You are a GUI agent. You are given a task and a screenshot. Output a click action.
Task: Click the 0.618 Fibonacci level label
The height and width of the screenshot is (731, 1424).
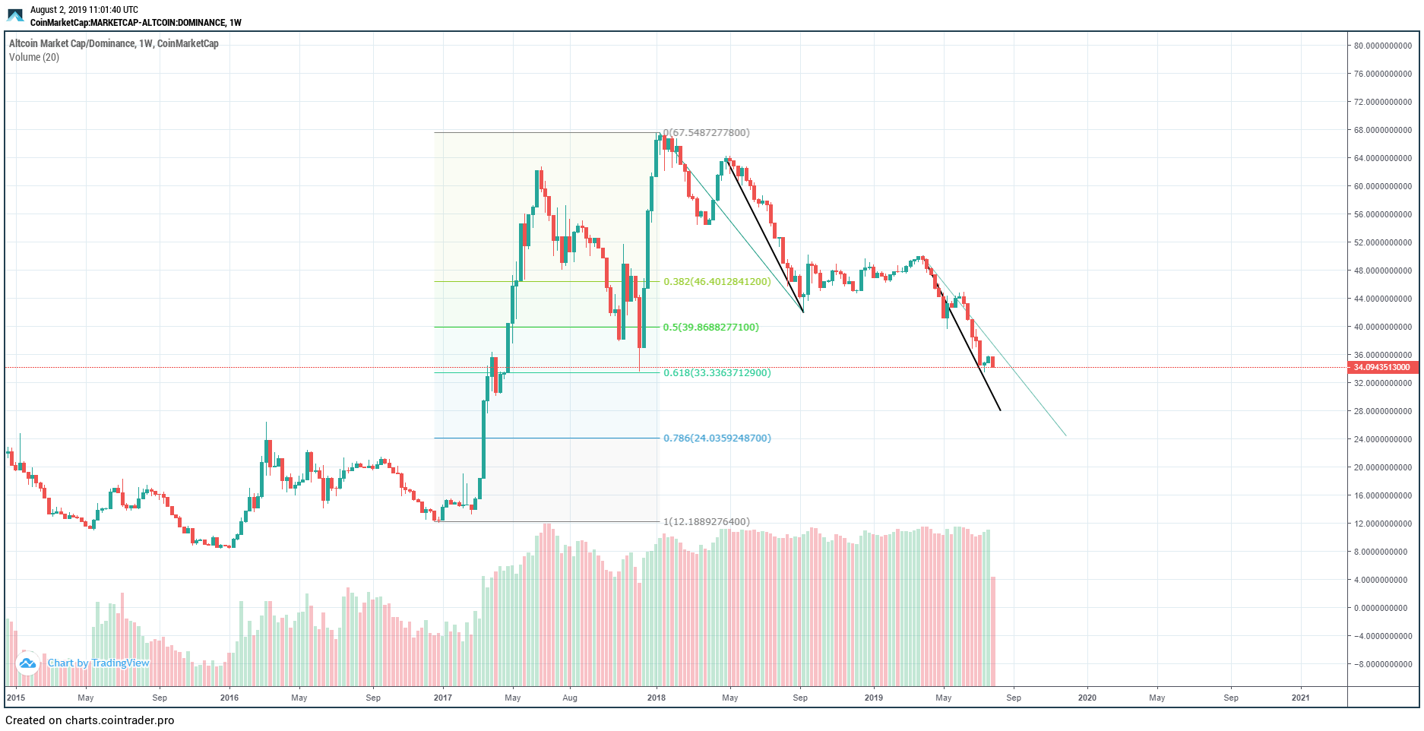click(717, 373)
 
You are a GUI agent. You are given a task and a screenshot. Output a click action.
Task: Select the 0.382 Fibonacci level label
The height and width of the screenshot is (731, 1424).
click(717, 282)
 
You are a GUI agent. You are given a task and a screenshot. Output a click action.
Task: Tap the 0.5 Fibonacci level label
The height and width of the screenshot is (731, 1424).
click(710, 328)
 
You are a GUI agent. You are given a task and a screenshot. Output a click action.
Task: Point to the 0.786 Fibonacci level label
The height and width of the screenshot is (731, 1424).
click(717, 438)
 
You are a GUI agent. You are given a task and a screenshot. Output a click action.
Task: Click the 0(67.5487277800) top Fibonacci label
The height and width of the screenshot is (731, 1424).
click(706, 133)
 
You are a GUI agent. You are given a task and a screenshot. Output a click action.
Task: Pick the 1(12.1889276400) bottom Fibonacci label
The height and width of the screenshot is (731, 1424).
click(706, 522)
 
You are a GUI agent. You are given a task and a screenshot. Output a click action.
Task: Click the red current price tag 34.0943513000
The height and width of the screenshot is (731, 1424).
click(1381, 368)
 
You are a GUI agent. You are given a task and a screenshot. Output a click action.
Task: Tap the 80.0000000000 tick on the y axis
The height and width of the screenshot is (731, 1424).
click(1382, 46)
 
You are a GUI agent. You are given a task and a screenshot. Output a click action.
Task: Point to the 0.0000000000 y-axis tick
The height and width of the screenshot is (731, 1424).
click(1382, 608)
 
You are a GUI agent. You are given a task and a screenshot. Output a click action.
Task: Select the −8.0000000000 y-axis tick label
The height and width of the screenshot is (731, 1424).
click(1382, 664)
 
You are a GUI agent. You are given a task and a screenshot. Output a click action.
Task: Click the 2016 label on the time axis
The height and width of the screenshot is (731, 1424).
click(229, 698)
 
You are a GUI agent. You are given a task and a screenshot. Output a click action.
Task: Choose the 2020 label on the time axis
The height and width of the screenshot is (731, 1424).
click(1087, 698)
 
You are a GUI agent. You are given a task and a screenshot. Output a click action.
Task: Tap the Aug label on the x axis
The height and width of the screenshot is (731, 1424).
click(570, 698)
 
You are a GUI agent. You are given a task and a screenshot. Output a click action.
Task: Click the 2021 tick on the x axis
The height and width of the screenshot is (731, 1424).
click(1300, 698)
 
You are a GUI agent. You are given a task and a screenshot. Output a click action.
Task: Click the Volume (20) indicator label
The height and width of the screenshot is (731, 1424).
click(34, 58)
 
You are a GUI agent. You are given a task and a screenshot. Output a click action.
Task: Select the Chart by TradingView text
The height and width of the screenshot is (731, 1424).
click(99, 663)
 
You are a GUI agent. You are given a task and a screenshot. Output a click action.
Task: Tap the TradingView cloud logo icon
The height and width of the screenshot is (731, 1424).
click(27, 663)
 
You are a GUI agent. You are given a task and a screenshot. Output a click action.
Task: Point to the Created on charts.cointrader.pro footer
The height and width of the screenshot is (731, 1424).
click(90, 720)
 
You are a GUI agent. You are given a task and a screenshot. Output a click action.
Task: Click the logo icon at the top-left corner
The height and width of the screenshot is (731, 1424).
click(15, 15)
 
